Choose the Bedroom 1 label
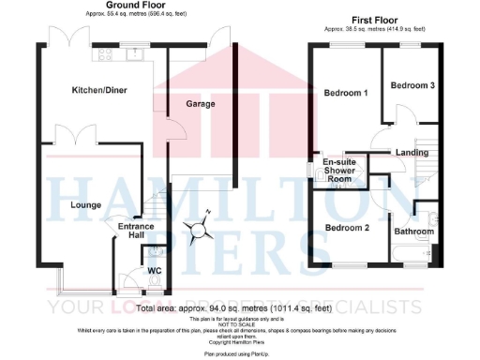point(345,94)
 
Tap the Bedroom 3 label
point(412,85)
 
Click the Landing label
point(412,152)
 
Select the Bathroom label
point(413,231)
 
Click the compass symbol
point(199,229)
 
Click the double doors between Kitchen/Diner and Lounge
point(76,132)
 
